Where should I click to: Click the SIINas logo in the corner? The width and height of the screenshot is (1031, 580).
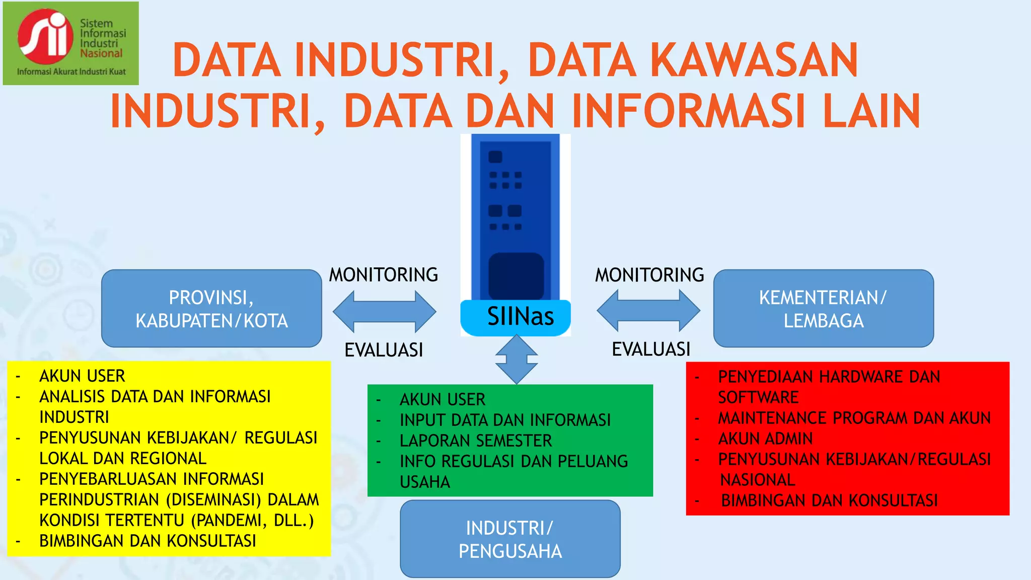click(x=70, y=43)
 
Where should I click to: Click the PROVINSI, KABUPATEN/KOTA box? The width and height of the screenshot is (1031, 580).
click(x=211, y=309)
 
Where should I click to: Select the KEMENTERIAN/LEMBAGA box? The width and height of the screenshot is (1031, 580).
click(x=823, y=309)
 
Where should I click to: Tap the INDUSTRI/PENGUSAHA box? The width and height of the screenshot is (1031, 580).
click(x=510, y=539)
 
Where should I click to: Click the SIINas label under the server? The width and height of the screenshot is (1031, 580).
click(x=520, y=317)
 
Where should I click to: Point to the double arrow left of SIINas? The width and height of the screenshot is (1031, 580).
click(x=384, y=312)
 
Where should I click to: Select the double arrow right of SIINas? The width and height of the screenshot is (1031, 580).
click(x=648, y=311)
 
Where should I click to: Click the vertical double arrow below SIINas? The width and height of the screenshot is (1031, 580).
click(x=517, y=359)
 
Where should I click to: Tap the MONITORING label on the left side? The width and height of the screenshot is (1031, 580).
click(x=384, y=275)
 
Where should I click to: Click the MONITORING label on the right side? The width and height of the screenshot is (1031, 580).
click(x=649, y=275)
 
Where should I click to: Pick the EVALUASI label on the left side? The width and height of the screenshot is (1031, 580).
click(x=384, y=350)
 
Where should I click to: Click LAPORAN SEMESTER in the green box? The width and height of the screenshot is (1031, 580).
click(x=476, y=441)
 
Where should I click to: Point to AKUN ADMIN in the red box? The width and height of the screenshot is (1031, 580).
click(x=765, y=439)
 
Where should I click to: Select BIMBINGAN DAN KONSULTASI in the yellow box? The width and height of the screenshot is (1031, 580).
click(x=148, y=541)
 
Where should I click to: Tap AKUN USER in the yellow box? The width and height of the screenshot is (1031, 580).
click(x=82, y=376)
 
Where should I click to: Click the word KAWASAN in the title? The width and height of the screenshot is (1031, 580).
click(x=754, y=60)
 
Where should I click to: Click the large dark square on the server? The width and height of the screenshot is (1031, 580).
click(x=516, y=276)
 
